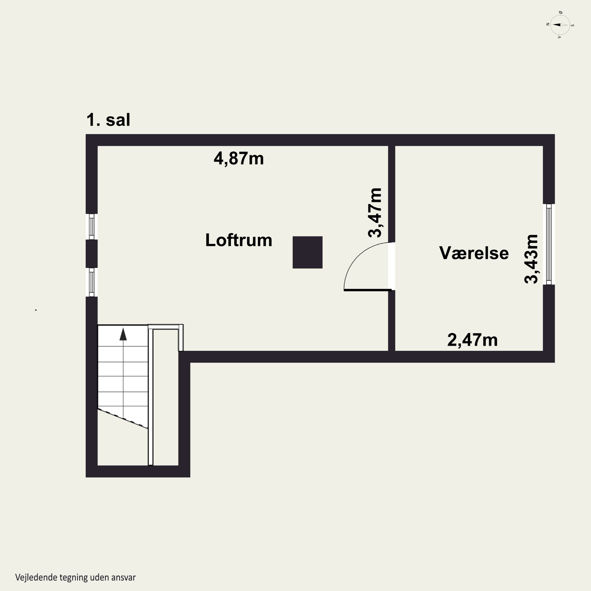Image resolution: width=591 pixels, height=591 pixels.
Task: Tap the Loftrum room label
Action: tap(239, 240)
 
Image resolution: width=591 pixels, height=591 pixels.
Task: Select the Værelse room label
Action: tap(474, 253)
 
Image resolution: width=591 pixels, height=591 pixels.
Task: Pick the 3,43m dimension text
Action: tap(531, 259)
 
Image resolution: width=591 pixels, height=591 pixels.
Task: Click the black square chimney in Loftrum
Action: tap(308, 252)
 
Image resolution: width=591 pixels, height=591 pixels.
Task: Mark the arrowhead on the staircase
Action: tap(123, 334)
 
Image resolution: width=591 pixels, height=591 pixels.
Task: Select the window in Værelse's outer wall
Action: tap(549, 244)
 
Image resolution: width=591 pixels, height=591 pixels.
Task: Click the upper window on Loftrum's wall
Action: tap(91, 227)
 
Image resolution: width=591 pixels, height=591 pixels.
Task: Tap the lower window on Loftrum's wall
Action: tap(91, 282)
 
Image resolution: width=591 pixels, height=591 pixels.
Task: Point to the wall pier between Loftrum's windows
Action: tap(91, 254)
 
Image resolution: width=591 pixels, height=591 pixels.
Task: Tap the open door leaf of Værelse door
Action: tap(368, 290)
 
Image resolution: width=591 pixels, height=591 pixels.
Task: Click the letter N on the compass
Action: tap(548, 24)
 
